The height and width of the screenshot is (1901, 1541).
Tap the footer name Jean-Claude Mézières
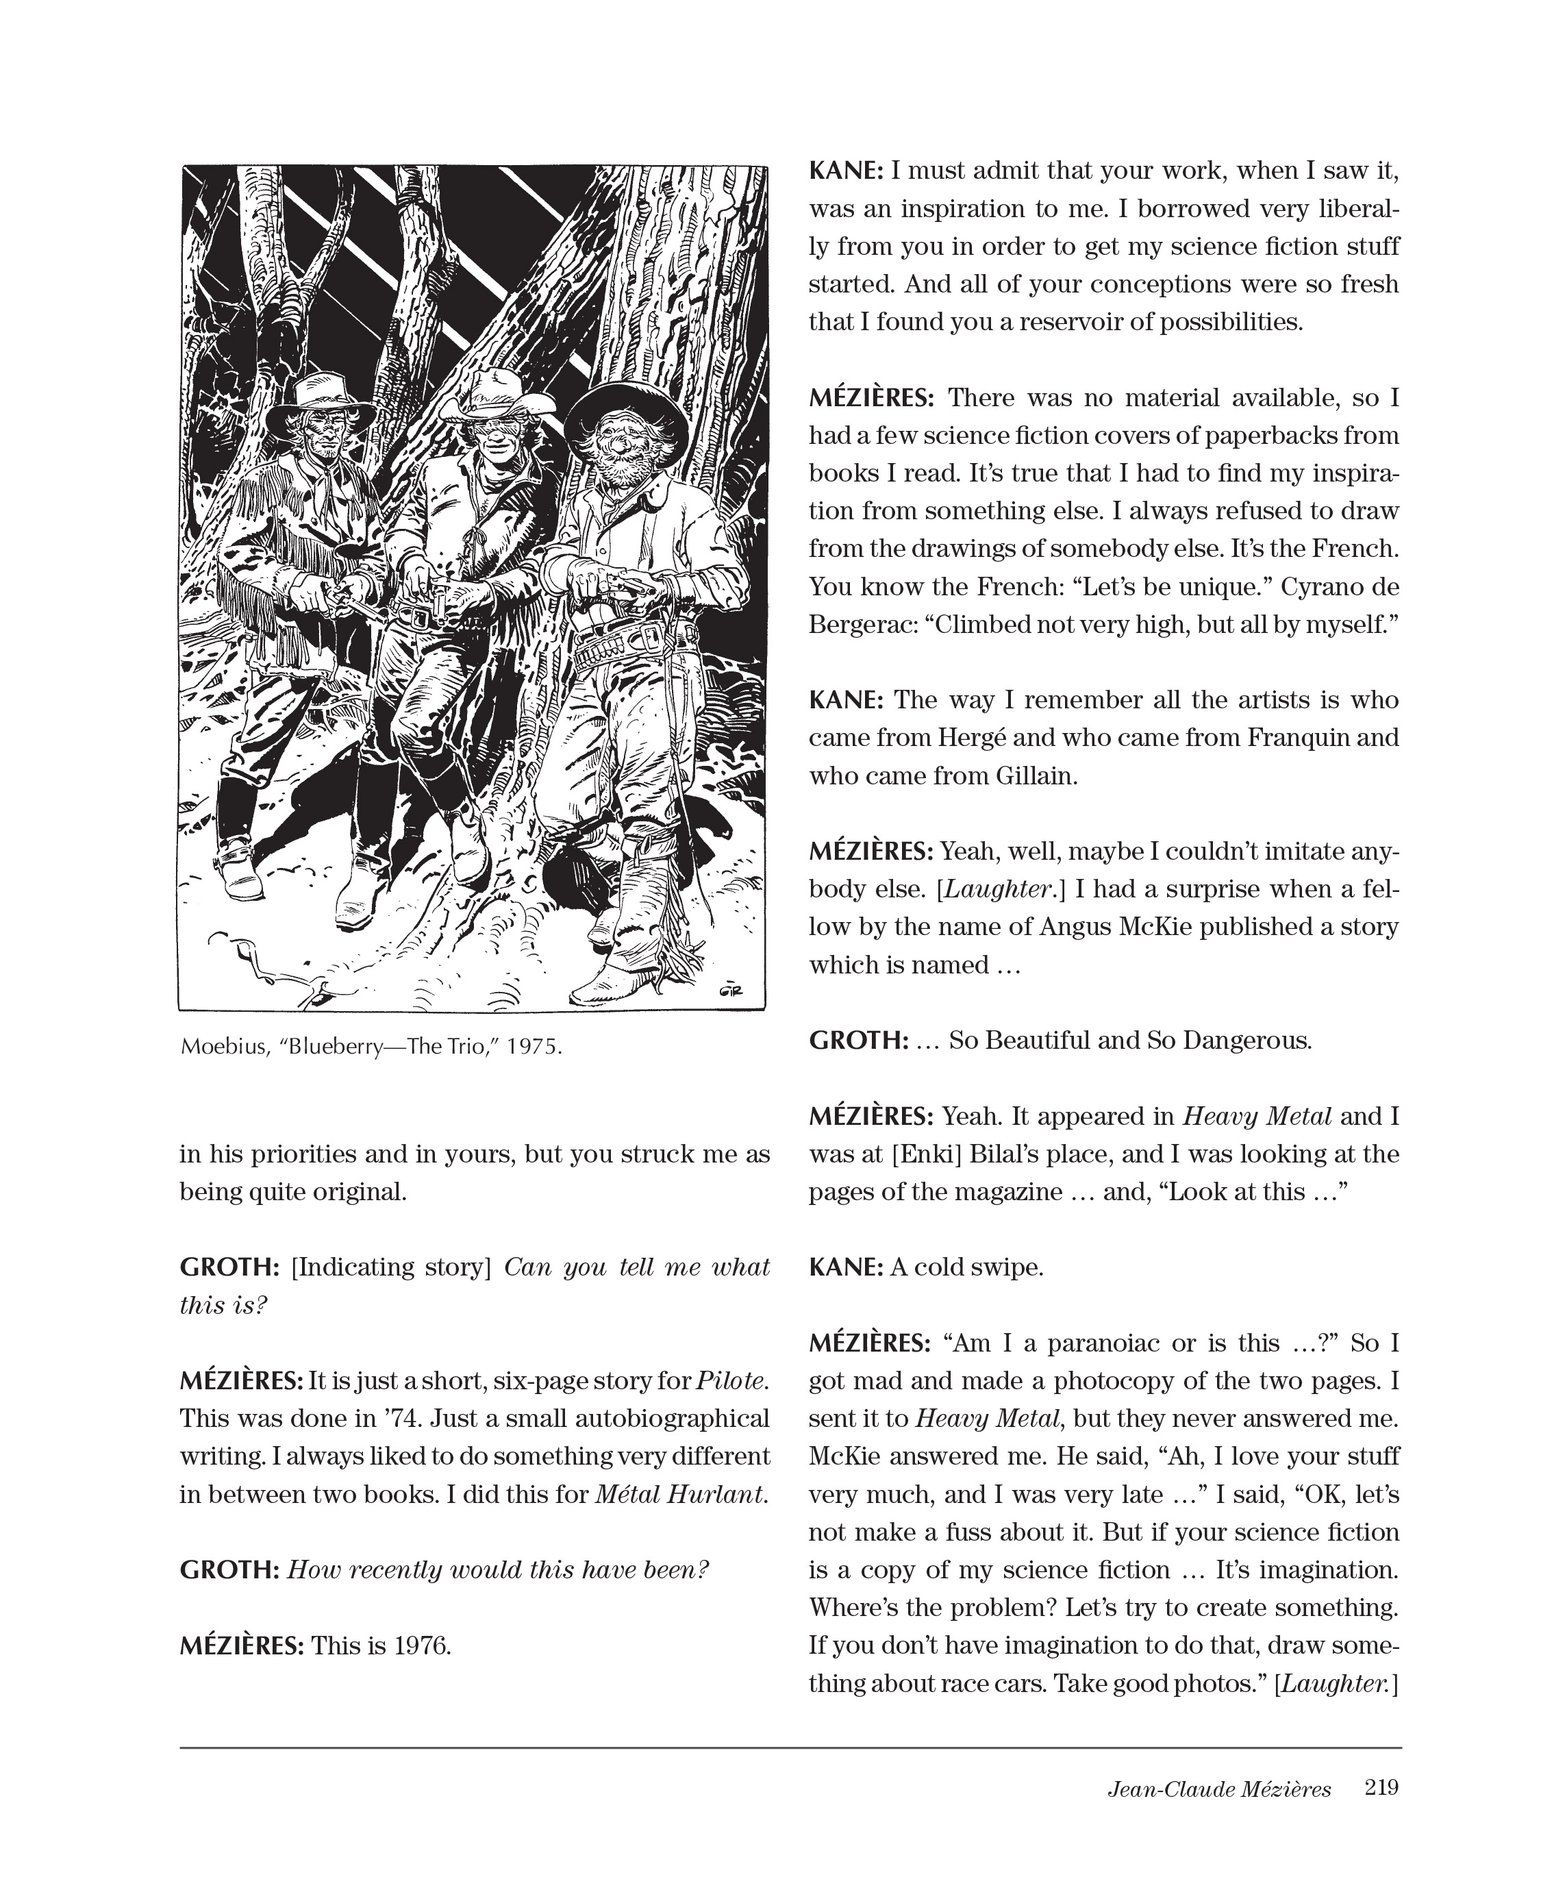tap(1219, 1789)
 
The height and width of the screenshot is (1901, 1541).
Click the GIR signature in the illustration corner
tap(731, 992)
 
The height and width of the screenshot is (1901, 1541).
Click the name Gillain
tap(1035, 776)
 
